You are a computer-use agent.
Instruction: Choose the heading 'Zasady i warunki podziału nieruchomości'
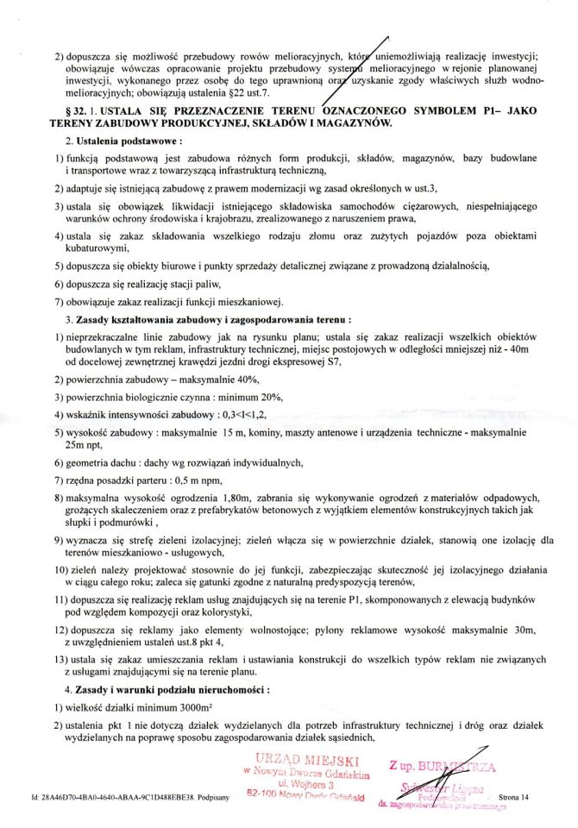[173, 690]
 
